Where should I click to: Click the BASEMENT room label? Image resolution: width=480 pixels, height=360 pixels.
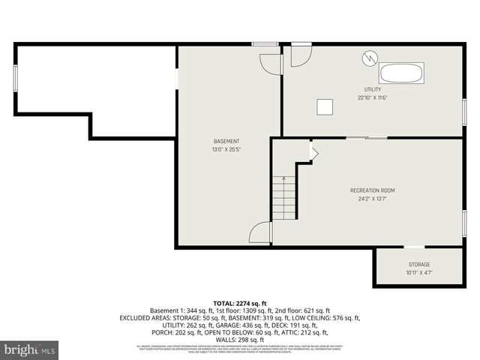[226, 141]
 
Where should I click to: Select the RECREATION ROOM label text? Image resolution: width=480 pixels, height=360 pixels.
[372, 190]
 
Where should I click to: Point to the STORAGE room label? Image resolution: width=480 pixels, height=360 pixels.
[419, 264]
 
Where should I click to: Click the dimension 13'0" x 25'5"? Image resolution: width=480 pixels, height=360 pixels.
[226, 149]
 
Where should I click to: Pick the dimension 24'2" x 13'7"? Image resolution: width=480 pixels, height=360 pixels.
[372, 199]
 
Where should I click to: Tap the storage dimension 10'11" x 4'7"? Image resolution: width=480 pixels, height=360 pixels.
[419, 272]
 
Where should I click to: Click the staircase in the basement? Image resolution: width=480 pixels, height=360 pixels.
[283, 198]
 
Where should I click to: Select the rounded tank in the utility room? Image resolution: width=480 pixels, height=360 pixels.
[401, 73]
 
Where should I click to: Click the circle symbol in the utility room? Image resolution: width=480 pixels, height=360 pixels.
[370, 57]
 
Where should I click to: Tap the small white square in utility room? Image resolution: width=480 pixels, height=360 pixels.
[325, 106]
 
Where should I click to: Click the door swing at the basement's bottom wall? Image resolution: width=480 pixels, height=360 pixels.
[260, 232]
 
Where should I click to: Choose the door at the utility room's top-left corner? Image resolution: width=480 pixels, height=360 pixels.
[300, 55]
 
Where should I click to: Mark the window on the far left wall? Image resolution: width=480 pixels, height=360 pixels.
[15, 79]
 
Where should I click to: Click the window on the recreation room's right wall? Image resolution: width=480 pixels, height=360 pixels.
[464, 222]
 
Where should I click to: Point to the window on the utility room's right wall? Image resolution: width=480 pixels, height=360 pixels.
[464, 111]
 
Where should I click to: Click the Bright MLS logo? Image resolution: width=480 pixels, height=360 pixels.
[30, 349]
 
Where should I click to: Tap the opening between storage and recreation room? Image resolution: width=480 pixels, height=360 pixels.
[414, 247]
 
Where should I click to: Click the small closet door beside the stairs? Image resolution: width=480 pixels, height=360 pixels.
[313, 153]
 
